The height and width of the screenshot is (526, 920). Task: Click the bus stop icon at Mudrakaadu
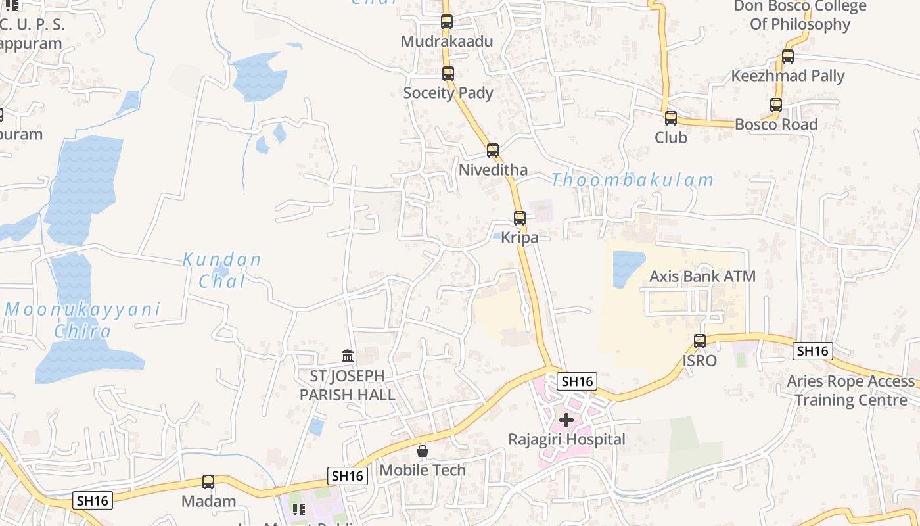pyautogui.click(x=447, y=21)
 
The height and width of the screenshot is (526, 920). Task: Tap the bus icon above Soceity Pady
pyautogui.click(x=448, y=73)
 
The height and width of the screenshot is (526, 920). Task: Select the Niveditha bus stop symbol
pyautogui.click(x=493, y=151)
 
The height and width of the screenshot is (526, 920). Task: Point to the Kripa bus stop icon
pyautogui.click(x=520, y=218)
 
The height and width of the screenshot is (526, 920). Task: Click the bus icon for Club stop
pyautogui.click(x=671, y=118)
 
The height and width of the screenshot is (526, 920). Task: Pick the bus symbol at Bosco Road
pyautogui.click(x=776, y=105)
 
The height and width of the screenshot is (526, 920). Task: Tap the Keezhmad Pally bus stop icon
pyautogui.click(x=788, y=57)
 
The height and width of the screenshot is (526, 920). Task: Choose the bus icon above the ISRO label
pyautogui.click(x=700, y=341)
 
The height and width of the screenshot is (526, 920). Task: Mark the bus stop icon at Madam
pyautogui.click(x=208, y=482)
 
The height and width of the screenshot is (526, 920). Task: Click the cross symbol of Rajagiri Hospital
pyautogui.click(x=566, y=419)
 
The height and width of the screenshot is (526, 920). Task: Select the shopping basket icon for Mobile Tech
pyautogui.click(x=423, y=451)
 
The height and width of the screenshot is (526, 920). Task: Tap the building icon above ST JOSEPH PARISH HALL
pyautogui.click(x=348, y=356)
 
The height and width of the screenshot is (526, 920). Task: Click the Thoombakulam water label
pyautogui.click(x=632, y=180)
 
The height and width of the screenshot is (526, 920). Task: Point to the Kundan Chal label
pyautogui.click(x=222, y=270)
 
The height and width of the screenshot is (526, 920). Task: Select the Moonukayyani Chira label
pyautogui.click(x=83, y=320)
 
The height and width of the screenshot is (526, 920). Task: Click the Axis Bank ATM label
pyautogui.click(x=702, y=276)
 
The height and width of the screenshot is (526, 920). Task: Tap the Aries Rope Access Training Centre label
pyautogui.click(x=851, y=391)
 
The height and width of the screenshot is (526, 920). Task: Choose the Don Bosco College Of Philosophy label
pyautogui.click(x=800, y=15)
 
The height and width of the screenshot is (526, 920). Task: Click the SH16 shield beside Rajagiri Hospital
pyautogui.click(x=578, y=381)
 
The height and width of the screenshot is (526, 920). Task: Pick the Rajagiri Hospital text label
pyautogui.click(x=566, y=439)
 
